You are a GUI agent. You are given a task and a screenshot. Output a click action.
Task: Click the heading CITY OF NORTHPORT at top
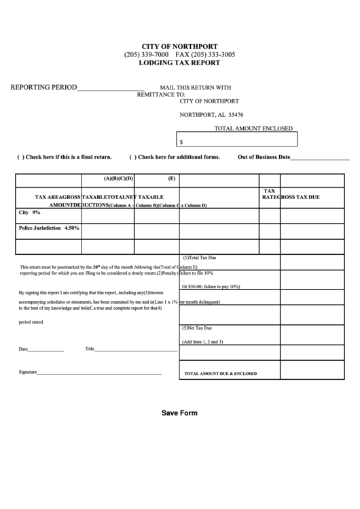[180, 46]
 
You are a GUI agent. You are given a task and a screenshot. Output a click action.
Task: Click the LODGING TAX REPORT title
[179, 63]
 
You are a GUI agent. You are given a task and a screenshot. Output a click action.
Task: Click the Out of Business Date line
[320, 158]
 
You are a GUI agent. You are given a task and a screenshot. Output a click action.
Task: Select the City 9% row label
[31, 213]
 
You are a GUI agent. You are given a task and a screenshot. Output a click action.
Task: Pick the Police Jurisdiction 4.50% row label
[50, 228]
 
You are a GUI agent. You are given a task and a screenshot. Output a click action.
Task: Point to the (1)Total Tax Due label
[199, 258]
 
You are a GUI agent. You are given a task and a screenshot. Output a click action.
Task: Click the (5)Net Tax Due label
[198, 328]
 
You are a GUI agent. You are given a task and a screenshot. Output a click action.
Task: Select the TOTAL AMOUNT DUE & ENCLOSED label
[221, 374]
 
